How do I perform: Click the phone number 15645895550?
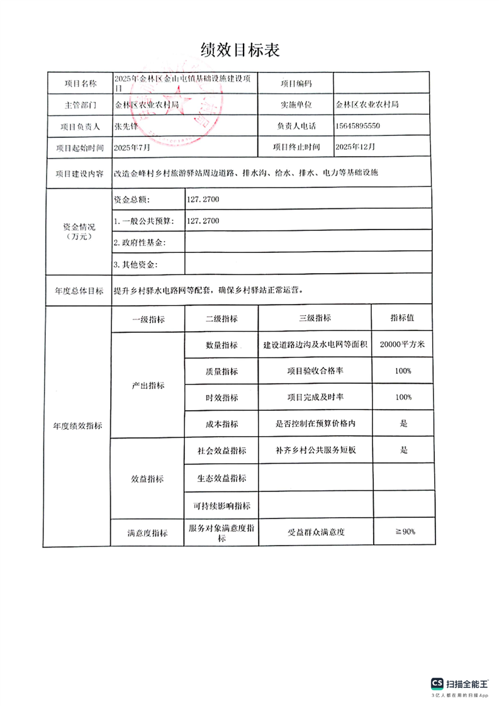(x=358, y=126)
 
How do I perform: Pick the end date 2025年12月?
(x=356, y=147)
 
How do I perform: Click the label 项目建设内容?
(x=79, y=174)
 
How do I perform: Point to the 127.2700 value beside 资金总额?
(x=203, y=199)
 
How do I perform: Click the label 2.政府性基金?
(x=140, y=242)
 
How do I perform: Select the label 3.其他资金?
(x=135, y=264)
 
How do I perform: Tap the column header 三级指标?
(x=315, y=318)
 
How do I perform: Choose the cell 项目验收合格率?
(x=315, y=371)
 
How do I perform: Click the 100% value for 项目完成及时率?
(x=403, y=398)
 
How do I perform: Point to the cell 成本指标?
(x=221, y=424)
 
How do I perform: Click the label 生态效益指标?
(x=221, y=478)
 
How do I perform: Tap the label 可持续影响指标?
(x=221, y=506)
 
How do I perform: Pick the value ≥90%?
(x=405, y=532)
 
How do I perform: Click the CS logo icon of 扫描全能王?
(x=437, y=683)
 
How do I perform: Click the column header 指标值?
(x=402, y=318)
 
